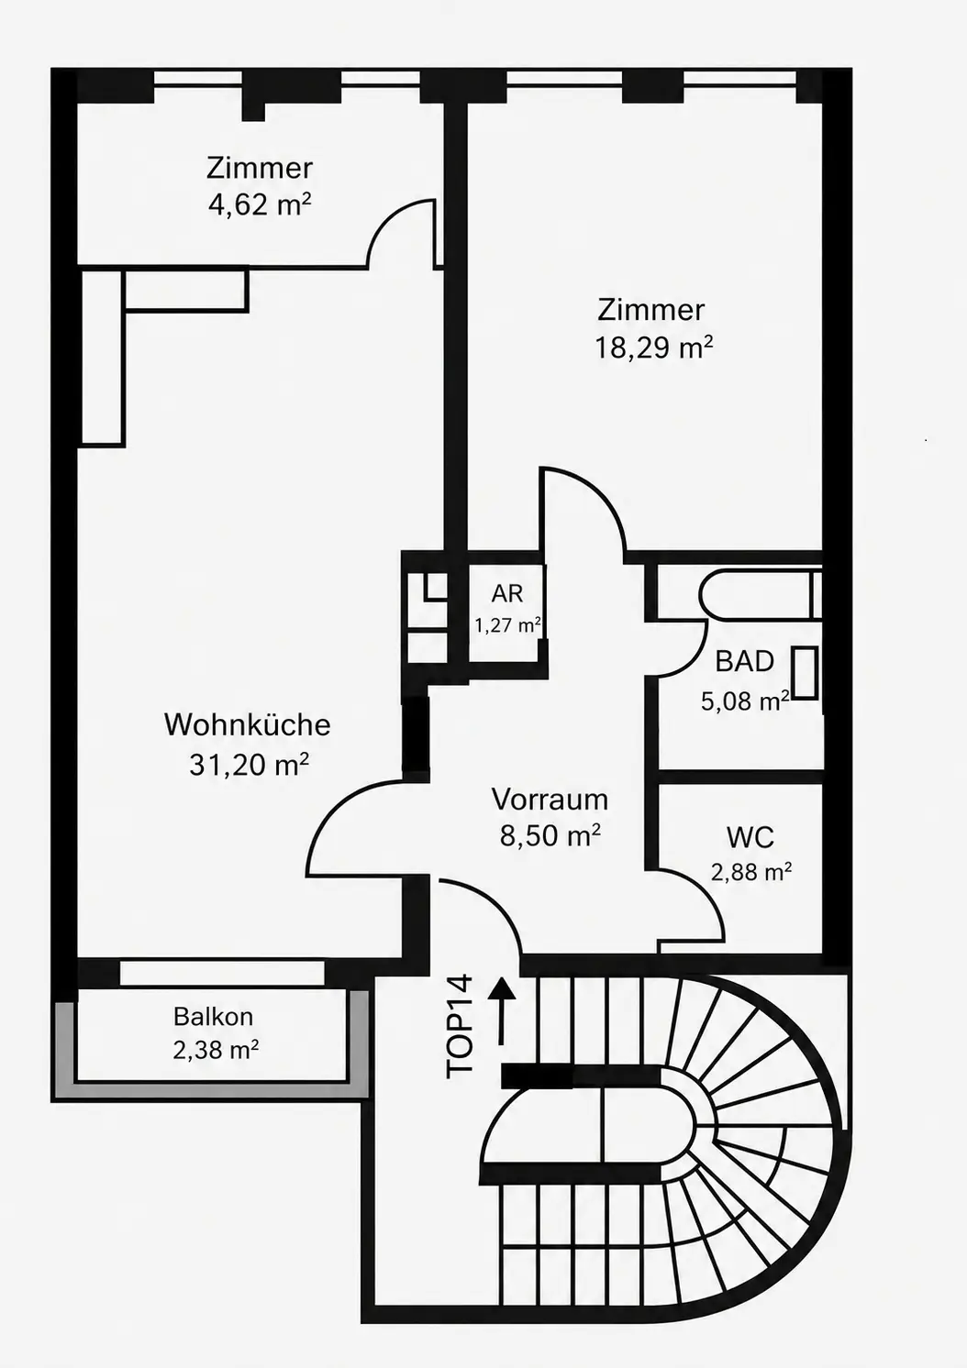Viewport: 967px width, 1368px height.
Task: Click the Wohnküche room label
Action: tap(247, 725)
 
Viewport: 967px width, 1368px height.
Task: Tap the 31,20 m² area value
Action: tap(249, 764)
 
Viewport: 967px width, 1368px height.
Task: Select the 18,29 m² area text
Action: tap(654, 348)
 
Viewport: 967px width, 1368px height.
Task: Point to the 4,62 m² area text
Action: tap(260, 205)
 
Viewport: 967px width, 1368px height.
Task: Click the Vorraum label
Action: tap(550, 800)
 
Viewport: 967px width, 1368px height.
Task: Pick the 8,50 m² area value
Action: tap(550, 835)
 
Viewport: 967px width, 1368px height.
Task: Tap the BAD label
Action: tap(744, 661)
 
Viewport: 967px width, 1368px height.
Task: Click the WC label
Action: tap(750, 837)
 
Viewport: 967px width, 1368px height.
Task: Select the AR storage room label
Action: tap(506, 593)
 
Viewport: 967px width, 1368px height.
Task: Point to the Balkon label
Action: tap(214, 1016)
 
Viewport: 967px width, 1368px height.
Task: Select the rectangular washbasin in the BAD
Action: tap(806, 672)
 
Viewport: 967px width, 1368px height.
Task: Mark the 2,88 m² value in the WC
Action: tap(751, 872)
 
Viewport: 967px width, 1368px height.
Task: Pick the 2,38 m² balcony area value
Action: tap(216, 1051)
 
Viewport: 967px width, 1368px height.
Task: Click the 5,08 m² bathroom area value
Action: tap(745, 701)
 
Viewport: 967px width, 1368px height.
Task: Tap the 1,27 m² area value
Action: tap(508, 625)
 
